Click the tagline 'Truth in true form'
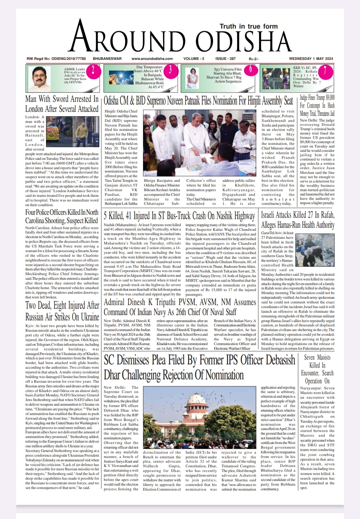click(248, 26)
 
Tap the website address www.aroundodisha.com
click(152, 59)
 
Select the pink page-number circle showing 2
click(93, 70)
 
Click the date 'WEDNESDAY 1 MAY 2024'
click(311, 59)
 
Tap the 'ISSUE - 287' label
click(225, 59)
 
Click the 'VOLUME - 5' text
click(194, 59)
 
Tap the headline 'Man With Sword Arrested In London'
click(62, 104)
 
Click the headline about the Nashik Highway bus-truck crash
click(179, 216)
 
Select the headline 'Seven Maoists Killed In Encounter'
click(317, 369)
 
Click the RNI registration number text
click(56, 59)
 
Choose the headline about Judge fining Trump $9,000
click(317, 105)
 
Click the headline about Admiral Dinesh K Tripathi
click(180, 307)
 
